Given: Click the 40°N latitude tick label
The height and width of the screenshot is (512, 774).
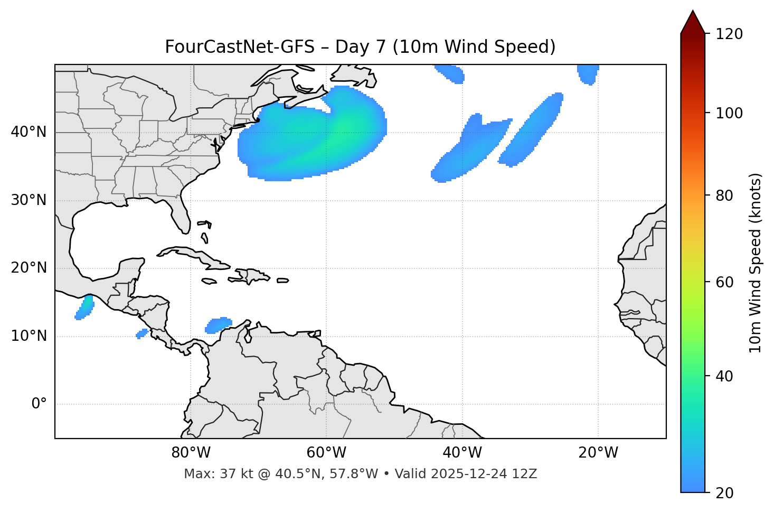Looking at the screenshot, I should (29, 132).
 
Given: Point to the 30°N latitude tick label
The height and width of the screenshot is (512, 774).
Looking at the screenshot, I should (29, 200).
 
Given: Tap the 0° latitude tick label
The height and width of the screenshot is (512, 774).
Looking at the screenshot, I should (39, 404).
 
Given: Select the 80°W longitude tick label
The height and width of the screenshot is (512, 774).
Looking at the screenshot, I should (191, 453).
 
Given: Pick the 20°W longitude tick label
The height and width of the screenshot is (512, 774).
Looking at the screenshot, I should (598, 453).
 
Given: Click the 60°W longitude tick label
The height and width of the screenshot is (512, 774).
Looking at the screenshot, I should (326, 453).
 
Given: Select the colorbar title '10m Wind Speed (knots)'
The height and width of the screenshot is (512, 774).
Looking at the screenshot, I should (756, 263).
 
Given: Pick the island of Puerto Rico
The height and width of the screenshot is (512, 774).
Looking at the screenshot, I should (282, 281).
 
